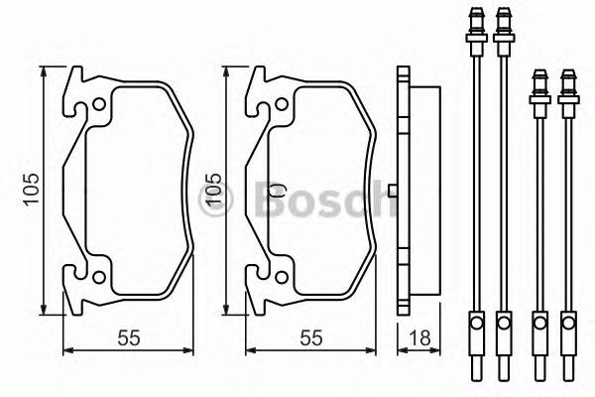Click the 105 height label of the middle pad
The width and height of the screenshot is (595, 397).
click(211, 190)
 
